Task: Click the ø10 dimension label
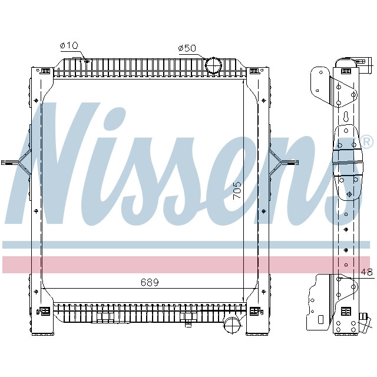(69, 46)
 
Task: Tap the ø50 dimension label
(187, 48)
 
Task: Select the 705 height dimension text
(236, 192)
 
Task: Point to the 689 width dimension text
(150, 283)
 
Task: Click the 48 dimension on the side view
(366, 272)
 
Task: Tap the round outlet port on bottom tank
(232, 325)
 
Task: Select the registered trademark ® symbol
(366, 142)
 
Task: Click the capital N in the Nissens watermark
(56, 165)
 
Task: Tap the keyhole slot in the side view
(346, 117)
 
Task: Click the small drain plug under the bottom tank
(188, 323)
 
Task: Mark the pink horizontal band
(188, 264)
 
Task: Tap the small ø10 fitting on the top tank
(85, 59)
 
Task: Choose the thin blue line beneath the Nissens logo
(188, 244)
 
